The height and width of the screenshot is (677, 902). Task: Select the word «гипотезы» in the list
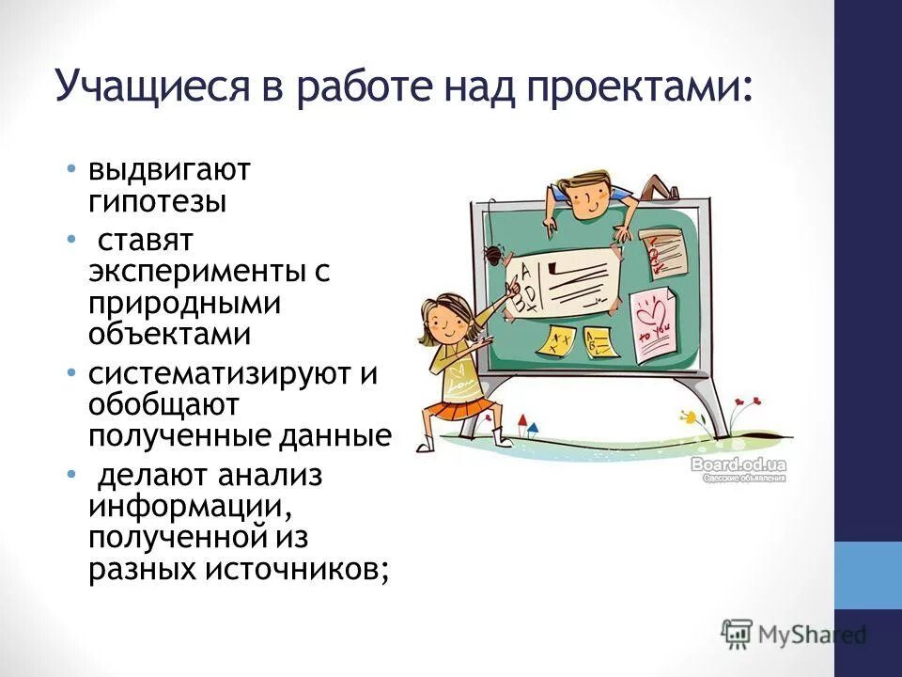[158, 200]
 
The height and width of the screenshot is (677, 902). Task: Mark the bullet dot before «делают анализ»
[72, 475]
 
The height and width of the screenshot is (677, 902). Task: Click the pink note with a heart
[654, 325]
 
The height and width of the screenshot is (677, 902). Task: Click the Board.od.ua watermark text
[739, 464]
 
